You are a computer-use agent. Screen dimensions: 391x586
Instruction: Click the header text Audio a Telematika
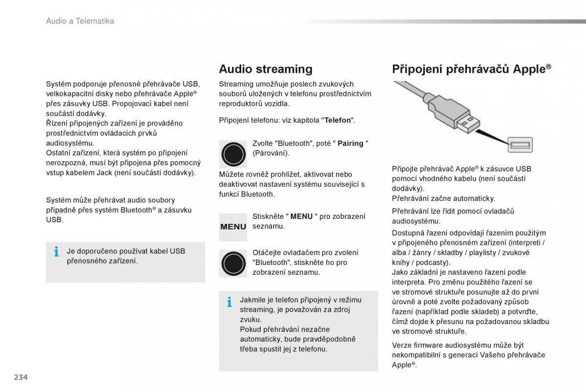click(x=80, y=21)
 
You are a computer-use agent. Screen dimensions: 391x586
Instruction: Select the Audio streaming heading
click(x=265, y=69)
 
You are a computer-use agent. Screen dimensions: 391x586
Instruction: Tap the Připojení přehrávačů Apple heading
click(x=471, y=69)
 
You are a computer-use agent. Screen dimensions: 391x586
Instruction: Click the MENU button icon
click(x=233, y=227)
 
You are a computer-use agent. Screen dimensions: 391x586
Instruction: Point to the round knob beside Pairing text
click(x=233, y=154)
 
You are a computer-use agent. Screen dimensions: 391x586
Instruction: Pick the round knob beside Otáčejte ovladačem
click(x=233, y=263)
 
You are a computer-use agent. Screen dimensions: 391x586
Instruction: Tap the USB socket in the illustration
click(x=520, y=145)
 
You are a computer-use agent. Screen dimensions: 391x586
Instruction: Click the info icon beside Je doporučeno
click(x=56, y=252)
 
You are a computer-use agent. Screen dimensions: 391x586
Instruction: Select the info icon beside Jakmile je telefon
click(x=229, y=302)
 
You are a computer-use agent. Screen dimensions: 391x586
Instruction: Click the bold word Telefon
click(x=338, y=120)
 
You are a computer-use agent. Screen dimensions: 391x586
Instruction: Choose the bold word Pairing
click(x=350, y=144)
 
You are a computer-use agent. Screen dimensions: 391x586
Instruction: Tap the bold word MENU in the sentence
click(x=301, y=217)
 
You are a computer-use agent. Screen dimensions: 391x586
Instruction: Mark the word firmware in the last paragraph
click(x=427, y=345)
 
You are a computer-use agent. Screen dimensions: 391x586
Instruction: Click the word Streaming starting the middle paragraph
click(x=237, y=84)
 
